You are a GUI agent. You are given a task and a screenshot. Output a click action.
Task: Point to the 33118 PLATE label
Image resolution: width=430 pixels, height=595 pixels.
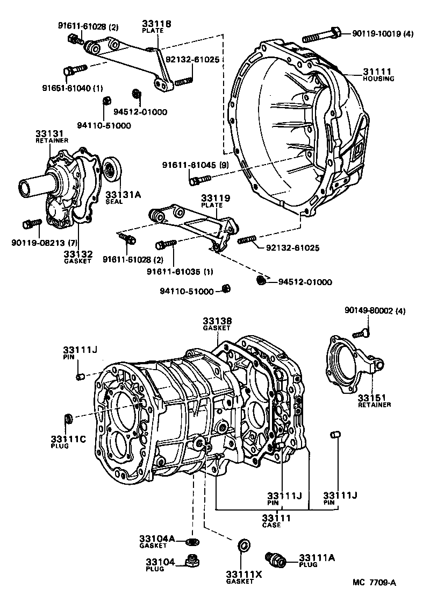pyautogui.click(x=156, y=27)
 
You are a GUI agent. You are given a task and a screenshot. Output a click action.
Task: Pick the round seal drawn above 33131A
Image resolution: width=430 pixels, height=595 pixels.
pyautogui.click(x=112, y=171)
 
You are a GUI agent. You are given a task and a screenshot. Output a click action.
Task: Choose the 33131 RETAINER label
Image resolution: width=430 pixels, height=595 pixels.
pyautogui.click(x=52, y=136)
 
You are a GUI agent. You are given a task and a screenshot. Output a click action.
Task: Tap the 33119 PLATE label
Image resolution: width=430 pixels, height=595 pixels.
pyautogui.click(x=216, y=201)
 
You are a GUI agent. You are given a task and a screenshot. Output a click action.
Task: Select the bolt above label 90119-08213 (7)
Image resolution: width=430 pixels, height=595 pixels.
pyautogui.click(x=33, y=223)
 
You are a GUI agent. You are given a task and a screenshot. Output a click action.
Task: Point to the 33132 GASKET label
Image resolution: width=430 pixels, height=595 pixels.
pyautogui.click(x=78, y=257)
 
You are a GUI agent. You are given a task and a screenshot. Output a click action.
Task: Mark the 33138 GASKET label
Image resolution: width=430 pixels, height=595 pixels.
pyautogui.click(x=217, y=324)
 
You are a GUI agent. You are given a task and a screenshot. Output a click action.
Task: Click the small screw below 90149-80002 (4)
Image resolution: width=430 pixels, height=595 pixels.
pyautogui.click(x=362, y=332)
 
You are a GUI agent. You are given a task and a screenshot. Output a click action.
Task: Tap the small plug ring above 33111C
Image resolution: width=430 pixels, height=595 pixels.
pyautogui.click(x=68, y=417)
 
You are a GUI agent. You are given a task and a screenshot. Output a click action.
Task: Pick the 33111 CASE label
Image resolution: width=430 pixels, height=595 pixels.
pyautogui.click(x=276, y=521)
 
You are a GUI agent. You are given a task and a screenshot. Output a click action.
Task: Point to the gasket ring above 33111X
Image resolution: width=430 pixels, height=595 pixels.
pyautogui.click(x=243, y=546)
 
